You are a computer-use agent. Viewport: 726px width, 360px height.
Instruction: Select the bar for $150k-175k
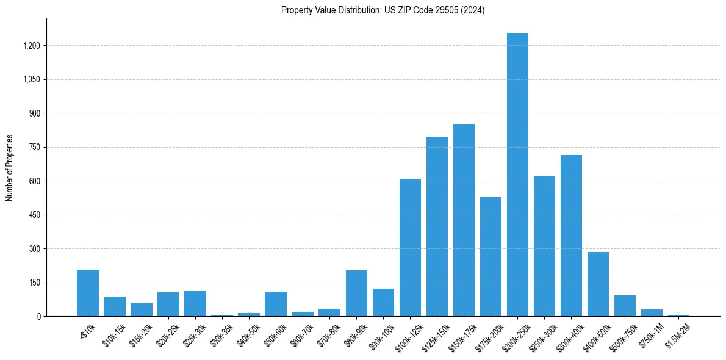click(464, 220)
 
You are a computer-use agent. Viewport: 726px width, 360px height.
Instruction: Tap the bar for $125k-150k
click(437, 226)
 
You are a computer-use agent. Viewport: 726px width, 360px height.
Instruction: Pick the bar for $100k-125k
click(410, 247)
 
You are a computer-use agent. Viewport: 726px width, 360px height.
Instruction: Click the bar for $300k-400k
click(571, 236)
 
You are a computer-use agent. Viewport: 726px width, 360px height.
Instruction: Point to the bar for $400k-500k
click(598, 284)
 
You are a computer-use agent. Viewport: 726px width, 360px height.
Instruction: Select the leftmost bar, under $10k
click(88, 293)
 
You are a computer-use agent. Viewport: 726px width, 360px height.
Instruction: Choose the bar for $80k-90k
click(356, 293)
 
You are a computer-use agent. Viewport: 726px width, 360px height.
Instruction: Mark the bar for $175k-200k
click(491, 256)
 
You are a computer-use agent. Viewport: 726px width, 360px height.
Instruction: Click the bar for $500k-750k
click(625, 306)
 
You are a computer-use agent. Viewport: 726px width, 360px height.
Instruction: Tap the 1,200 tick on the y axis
click(32, 46)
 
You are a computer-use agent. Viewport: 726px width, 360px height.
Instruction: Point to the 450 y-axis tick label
click(35, 215)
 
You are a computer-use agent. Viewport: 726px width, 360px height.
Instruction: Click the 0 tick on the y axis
click(38, 316)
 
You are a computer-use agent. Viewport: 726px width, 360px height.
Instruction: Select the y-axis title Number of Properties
click(9, 168)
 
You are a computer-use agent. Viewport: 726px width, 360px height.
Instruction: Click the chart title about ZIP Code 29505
click(383, 10)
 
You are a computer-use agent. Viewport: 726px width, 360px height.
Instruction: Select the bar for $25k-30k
click(195, 304)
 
